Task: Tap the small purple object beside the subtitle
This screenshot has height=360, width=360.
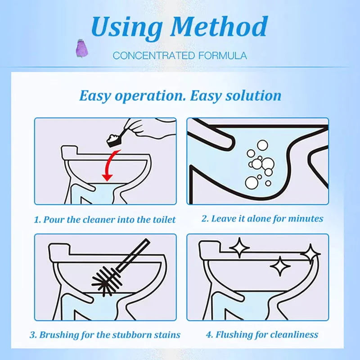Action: [81, 47]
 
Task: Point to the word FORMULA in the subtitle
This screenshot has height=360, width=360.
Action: [222, 56]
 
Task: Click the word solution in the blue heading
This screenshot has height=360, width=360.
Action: [254, 95]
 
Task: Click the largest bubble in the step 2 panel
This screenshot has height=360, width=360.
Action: [252, 181]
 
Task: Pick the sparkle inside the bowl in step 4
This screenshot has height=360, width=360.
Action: [281, 266]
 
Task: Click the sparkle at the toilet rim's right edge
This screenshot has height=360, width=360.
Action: [310, 254]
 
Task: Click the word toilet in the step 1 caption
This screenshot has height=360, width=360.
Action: [163, 220]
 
